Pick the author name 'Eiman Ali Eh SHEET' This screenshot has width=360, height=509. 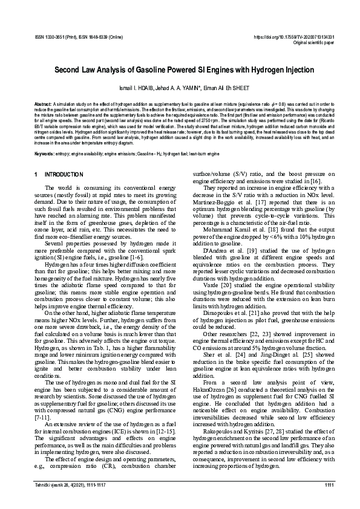229,88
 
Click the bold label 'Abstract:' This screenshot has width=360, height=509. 44,103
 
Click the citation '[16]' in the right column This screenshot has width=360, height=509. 316,181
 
